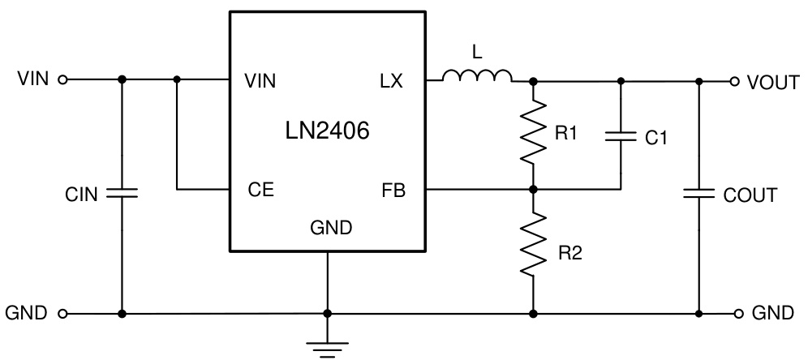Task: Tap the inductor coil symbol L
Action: pyautogui.click(x=477, y=77)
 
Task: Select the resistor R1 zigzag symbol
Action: pyautogui.click(x=533, y=132)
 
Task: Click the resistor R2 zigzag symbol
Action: pyautogui.click(x=533, y=246)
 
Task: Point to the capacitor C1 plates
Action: pyautogui.click(x=621, y=138)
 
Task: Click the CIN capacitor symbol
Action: pyautogui.click(x=122, y=194)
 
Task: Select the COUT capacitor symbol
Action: pyautogui.click(x=698, y=194)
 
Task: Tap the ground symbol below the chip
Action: pyautogui.click(x=327, y=347)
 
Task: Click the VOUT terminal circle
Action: pyautogui.click(x=734, y=81)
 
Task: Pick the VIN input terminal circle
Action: pyautogui.click(x=63, y=80)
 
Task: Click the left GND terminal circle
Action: pyautogui.click(x=63, y=313)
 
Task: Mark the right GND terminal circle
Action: pyautogui.click(x=739, y=313)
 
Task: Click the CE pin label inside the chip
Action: pyautogui.click(x=260, y=191)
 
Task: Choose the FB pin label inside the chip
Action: pyautogui.click(x=393, y=191)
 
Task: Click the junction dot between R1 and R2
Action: pyautogui.click(x=533, y=190)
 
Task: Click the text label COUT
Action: pyautogui.click(x=750, y=195)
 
